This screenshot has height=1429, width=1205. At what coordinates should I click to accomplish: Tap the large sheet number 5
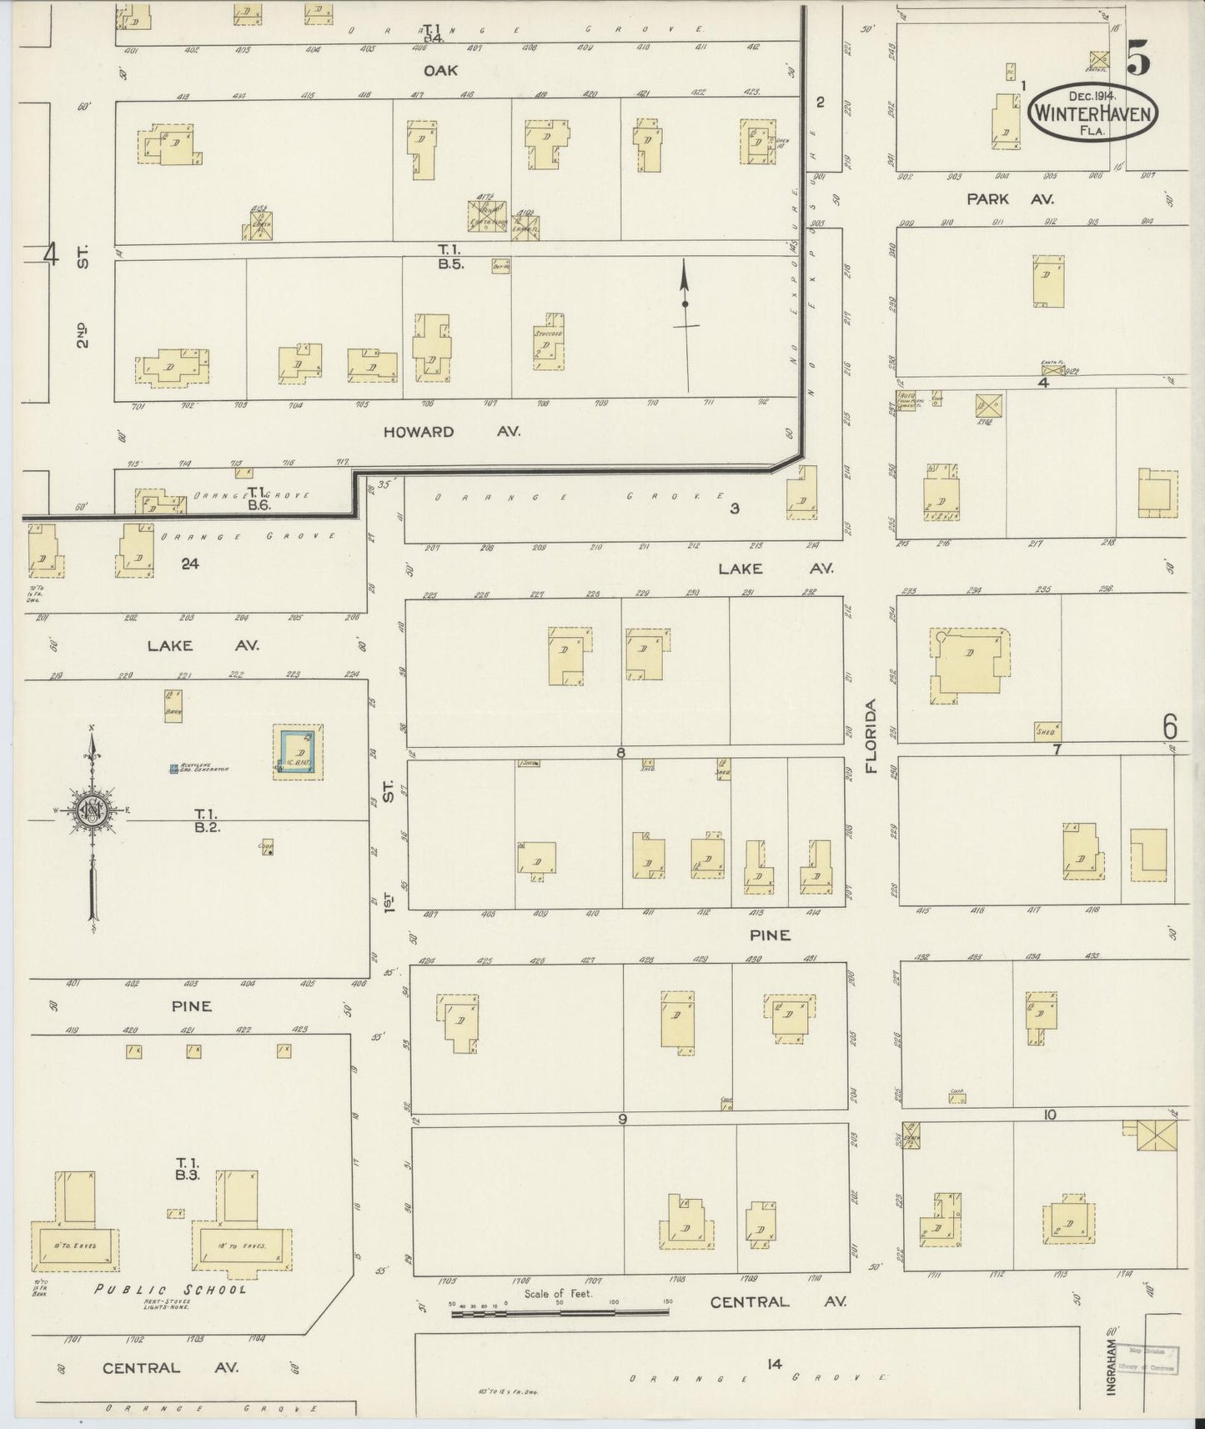[1139, 57]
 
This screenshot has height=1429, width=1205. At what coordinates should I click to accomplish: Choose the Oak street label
[439, 71]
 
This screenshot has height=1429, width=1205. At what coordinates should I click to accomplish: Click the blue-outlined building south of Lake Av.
[299, 752]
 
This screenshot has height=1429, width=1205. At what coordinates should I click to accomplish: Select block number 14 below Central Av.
[775, 1364]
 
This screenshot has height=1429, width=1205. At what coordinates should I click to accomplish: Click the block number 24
[190, 564]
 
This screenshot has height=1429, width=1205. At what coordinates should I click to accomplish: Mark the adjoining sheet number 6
[1170, 728]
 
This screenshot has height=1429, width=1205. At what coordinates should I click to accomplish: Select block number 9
[621, 1119]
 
